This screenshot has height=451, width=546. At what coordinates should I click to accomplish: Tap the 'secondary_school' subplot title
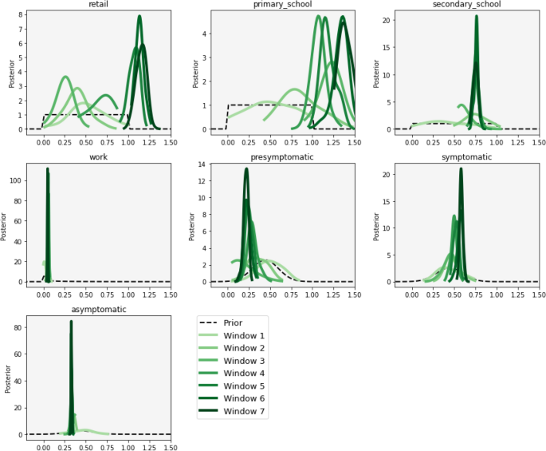(x=466, y=5)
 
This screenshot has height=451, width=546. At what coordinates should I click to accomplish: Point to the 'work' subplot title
(x=99, y=157)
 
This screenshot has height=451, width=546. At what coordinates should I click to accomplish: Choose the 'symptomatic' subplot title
(x=466, y=157)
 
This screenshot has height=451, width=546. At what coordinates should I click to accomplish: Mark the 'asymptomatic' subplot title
(x=99, y=309)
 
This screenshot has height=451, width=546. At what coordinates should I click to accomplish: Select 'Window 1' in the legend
(x=245, y=336)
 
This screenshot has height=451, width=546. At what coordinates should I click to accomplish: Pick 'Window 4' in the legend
(x=245, y=374)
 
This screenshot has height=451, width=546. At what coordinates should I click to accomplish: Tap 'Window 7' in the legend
(x=245, y=412)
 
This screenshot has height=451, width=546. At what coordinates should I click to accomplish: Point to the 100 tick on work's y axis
(x=15, y=180)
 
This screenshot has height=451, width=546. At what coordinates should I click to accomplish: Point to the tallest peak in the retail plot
(x=139, y=16)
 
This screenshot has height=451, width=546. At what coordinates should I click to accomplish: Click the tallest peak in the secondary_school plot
(x=477, y=16)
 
